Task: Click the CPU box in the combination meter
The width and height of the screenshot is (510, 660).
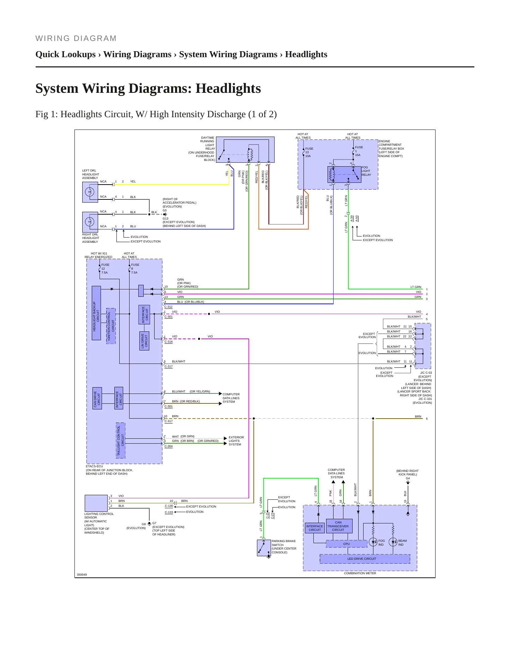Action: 346,544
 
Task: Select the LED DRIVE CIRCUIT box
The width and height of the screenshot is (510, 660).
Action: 365,559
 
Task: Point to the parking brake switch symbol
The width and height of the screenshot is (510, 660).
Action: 264,548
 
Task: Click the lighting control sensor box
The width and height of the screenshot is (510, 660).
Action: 96,503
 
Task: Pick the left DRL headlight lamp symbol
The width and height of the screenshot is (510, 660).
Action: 90,192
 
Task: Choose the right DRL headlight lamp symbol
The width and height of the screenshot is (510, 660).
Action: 90,222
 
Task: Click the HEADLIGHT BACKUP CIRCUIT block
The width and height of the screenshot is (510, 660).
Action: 96,313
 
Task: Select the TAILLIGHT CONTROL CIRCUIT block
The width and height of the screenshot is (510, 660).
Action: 121,440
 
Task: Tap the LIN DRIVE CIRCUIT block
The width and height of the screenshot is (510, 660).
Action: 144,341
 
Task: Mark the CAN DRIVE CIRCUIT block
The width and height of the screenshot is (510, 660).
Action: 97,398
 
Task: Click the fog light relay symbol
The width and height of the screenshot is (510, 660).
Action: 344,174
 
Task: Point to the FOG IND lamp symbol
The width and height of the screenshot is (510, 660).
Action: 373,542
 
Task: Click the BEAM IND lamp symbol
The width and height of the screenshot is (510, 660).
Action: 393,542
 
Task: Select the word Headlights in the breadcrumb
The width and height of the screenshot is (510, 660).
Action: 306,54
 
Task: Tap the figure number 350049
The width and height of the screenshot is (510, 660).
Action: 82,575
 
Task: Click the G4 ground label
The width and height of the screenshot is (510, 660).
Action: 408,478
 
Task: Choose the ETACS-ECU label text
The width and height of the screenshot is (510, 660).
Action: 94,466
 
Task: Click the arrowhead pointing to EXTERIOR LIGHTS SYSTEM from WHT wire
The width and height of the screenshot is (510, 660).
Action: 226,438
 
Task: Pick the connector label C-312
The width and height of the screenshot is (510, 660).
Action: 169,307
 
